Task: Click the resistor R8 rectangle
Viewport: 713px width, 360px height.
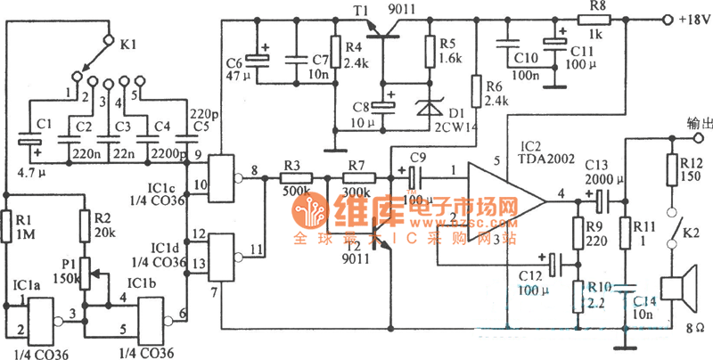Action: pyautogui.click(x=593, y=18)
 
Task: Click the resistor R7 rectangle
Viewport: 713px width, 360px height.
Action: pyautogui.click(x=356, y=178)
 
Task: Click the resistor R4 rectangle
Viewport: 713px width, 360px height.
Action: pyautogui.click(x=336, y=53)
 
